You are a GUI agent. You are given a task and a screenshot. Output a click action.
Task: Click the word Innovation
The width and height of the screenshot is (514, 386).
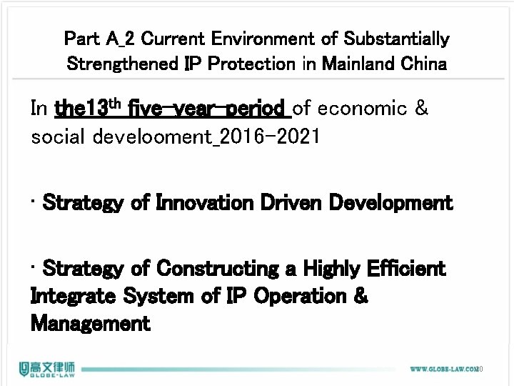[x=203, y=203]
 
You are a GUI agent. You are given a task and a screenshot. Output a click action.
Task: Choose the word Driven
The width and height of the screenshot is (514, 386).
[x=296, y=203]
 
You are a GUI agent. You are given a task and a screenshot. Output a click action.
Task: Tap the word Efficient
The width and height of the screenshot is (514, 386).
[x=404, y=269]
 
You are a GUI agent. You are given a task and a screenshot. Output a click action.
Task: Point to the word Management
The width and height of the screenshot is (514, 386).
[x=91, y=323]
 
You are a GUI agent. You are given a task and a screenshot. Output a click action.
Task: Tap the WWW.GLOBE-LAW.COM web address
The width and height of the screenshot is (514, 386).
[x=443, y=369]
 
